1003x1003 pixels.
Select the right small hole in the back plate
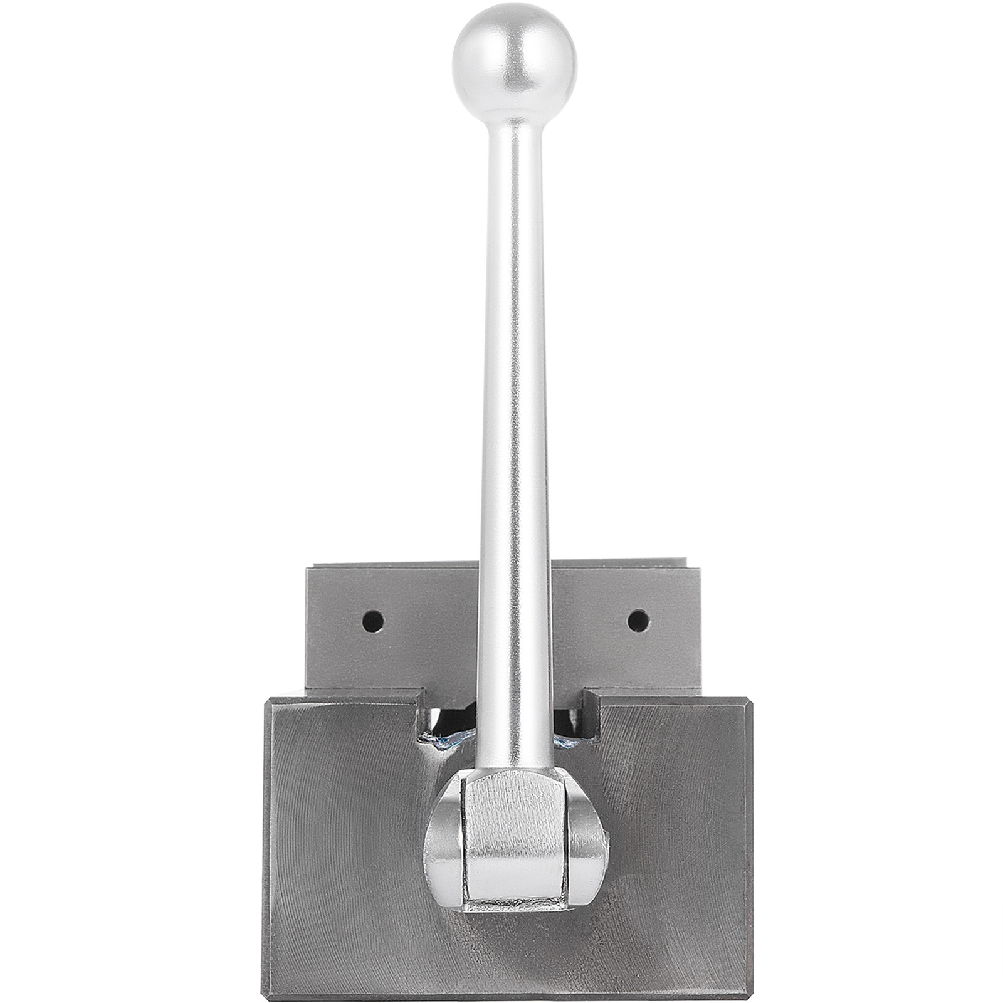pos(637,621)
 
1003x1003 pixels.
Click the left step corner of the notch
pos(417,693)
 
